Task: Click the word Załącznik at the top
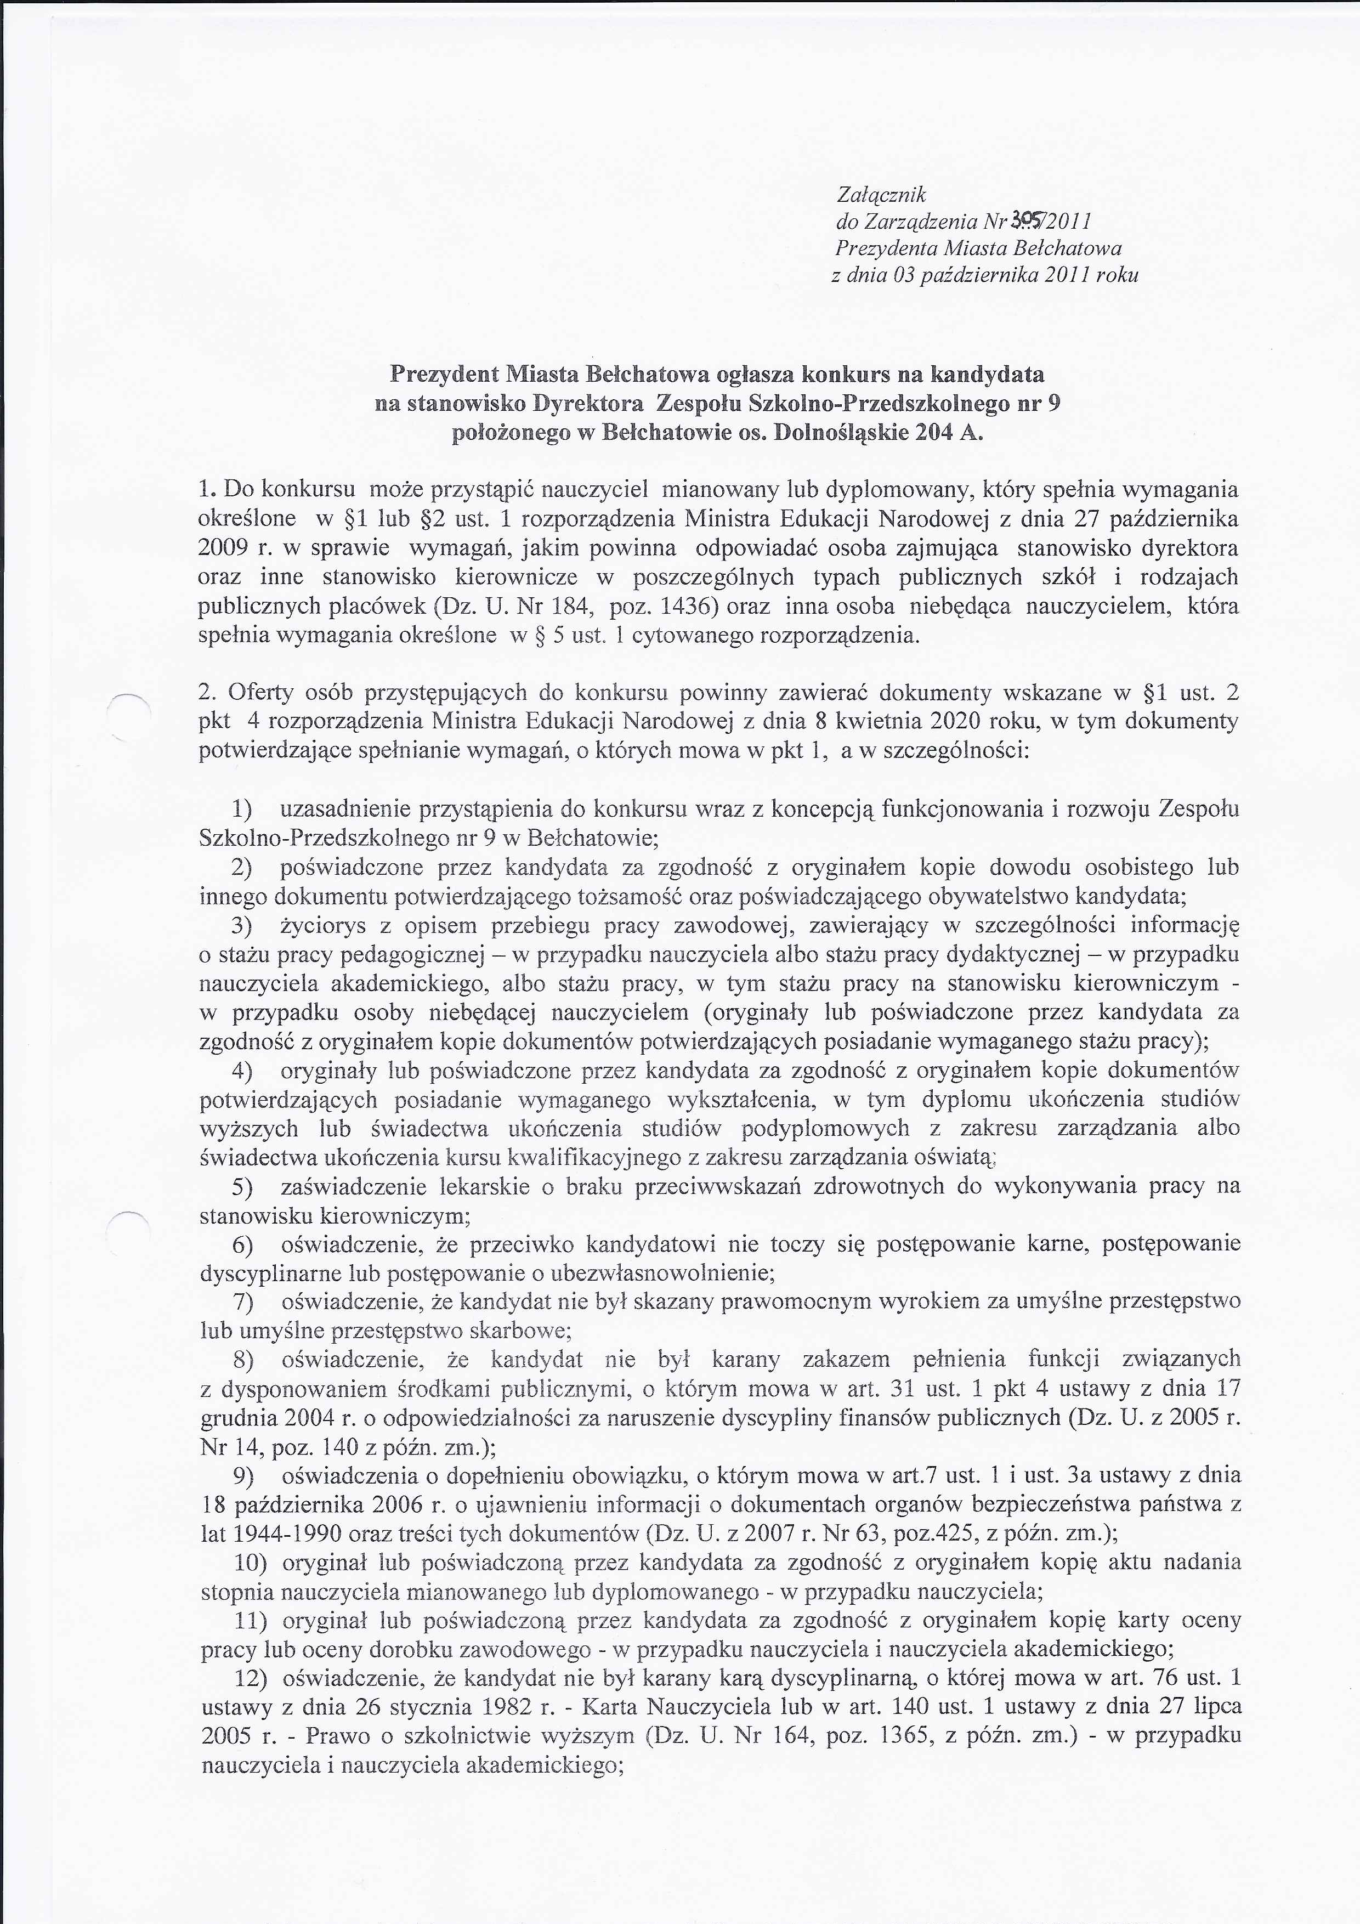pyautogui.click(x=881, y=195)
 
